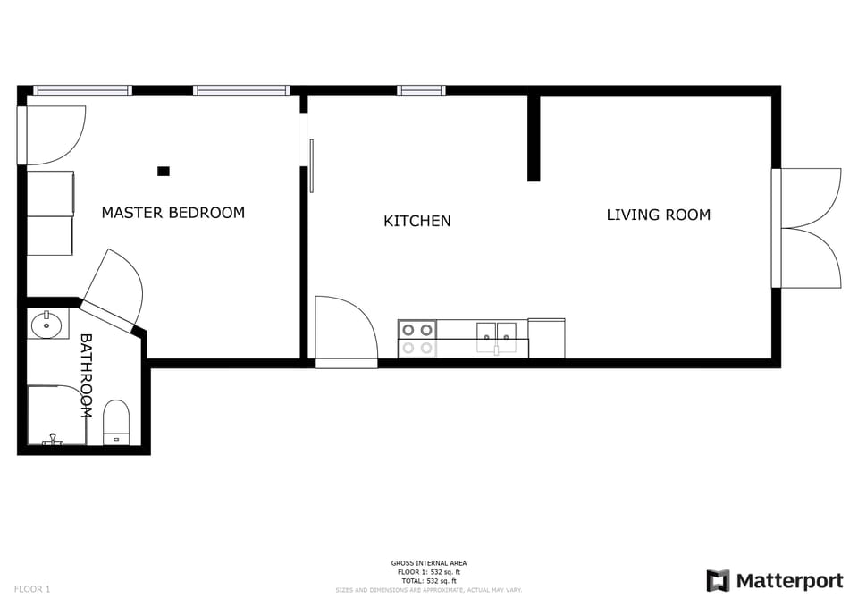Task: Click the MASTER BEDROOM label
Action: pyautogui.click(x=172, y=213)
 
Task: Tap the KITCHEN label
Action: pyautogui.click(x=416, y=221)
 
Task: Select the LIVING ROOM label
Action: pyautogui.click(x=658, y=215)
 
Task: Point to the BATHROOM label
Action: pyautogui.click(x=87, y=375)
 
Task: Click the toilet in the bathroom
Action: pyautogui.click(x=117, y=422)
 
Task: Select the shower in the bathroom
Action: pyautogui.click(x=57, y=415)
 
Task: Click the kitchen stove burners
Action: pyautogui.click(x=416, y=339)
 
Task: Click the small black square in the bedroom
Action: pyautogui.click(x=164, y=171)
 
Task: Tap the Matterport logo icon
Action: pyautogui.click(x=718, y=581)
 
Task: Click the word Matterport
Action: pyautogui.click(x=789, y=581)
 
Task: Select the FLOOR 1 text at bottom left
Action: pyautogui.click(x=32, y=589)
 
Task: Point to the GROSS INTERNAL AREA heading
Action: pyautogui.click(x=429, y=563)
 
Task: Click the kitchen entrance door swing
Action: pyautogui.click(x=347, y=328)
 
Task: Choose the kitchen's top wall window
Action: pyautogui.click(x=421, y=90)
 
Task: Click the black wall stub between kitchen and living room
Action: pyautogui.click(x=534, y=138)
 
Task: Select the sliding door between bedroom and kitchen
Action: pyautogui.click(x=311, y=165)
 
